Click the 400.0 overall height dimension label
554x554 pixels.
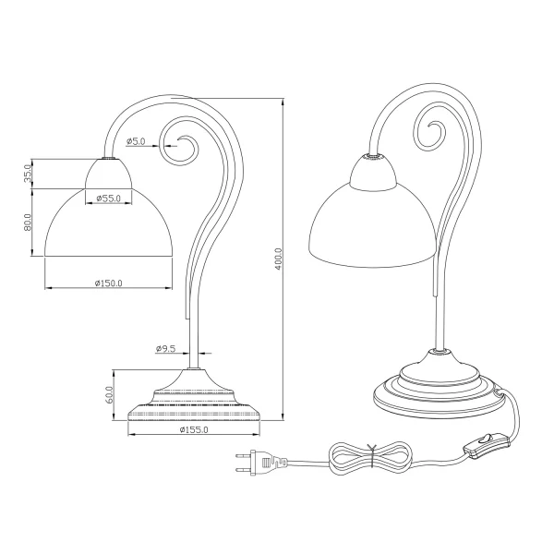(x=278, y=260)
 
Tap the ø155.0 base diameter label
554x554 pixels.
(x=194, y=429)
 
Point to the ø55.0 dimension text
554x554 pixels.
(x=109, y=197)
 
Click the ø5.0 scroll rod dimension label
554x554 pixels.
(x=136, y=141)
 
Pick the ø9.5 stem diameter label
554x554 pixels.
(x=165, y=348)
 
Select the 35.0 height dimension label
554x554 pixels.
(x=30, y=173)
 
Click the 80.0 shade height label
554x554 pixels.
(x=30, y=223)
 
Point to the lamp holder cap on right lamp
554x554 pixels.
(x=373, y=173)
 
